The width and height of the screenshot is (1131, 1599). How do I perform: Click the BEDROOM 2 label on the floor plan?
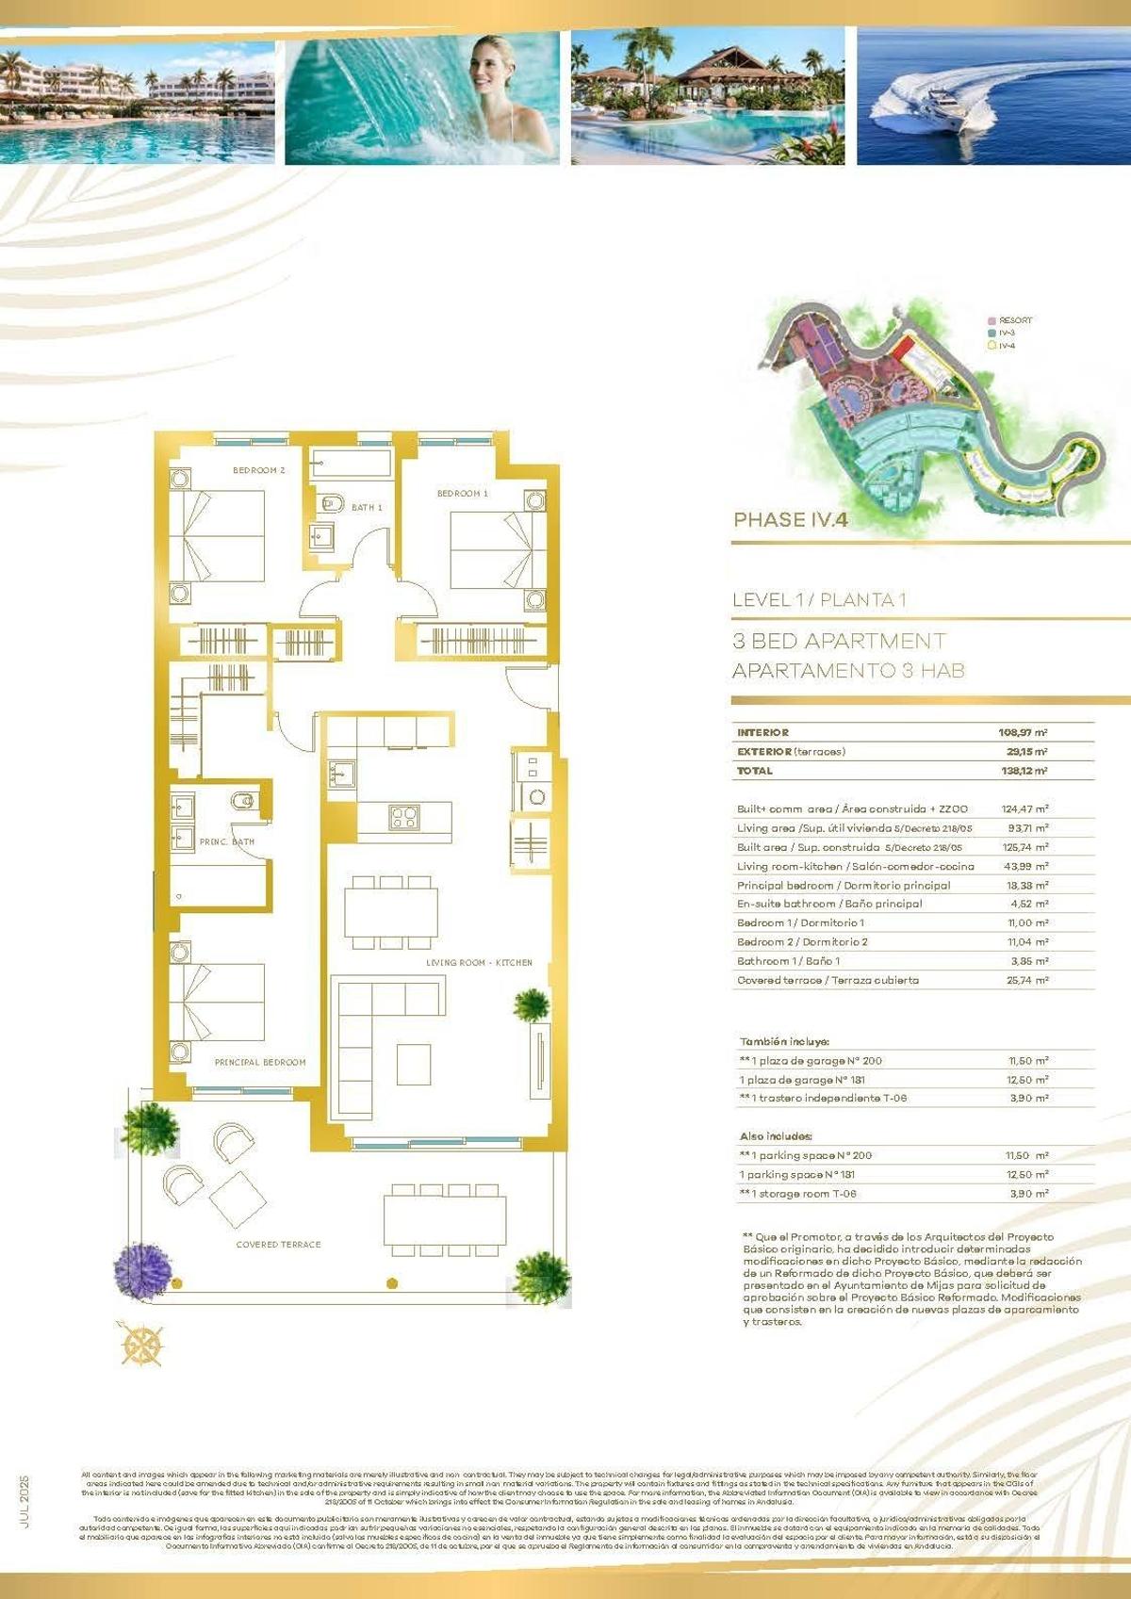tap(258, 470)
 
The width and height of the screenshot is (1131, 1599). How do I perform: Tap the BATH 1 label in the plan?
tap(367, 508)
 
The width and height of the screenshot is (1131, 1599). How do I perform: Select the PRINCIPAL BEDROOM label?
tap(260, 1062)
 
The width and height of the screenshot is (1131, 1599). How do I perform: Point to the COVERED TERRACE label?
tap(278, 1245)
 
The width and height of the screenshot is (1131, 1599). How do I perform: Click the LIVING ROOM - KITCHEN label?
tap(479, 963)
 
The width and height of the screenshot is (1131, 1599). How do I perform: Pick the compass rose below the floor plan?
tap(142, 1343)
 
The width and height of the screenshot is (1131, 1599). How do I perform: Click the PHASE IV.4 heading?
tap(791, 520)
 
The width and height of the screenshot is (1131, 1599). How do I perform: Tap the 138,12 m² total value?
tap(1023, 771)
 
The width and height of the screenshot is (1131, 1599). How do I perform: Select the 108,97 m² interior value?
tap(1023, 732)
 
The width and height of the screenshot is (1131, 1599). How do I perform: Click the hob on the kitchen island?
tap(404, 817)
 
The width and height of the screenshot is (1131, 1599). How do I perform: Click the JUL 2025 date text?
tap(25, 1501)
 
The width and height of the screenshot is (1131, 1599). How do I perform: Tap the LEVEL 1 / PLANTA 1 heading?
tap(819, 600)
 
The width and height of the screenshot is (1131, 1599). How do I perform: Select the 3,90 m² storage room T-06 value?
tap(1028, 1194)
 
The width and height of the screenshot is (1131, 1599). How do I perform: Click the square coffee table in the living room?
tap(413, 1064)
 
